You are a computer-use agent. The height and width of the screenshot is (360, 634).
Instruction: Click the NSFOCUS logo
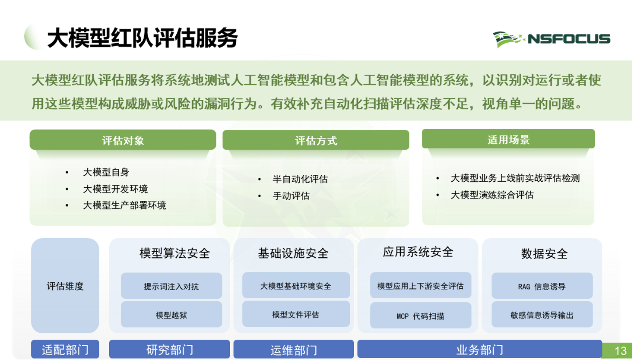[x=552, y=39]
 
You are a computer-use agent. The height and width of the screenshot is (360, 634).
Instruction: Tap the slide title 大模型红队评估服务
[x=143, y=38]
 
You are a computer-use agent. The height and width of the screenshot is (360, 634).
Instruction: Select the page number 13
[x=620, y=351]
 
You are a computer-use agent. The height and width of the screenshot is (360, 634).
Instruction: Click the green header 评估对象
[x=123, y=140]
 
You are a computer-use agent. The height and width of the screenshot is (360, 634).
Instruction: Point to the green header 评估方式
[x=316, y=140]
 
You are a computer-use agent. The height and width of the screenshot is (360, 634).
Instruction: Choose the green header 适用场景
[x=508, y=139]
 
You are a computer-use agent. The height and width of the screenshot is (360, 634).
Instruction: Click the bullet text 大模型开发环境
[x=115, y=189]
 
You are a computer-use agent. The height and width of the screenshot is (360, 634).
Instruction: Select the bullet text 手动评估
[x=291, y=196]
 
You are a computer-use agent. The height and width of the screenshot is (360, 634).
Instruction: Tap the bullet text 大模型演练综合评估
[x=492, y=195]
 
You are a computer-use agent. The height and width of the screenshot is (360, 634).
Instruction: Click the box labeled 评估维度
[x=65, y=286]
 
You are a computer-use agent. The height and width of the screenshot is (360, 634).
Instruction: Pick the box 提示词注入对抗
[x=171, y=286]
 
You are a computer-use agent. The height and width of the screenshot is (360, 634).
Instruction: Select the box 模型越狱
[x=171, y=315]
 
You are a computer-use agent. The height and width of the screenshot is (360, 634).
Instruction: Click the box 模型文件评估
[x=296, y=315]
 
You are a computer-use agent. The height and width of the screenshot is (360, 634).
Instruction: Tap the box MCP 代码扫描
[x=420, y=316]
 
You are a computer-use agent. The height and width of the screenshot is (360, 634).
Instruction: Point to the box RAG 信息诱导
[x=542, y=286]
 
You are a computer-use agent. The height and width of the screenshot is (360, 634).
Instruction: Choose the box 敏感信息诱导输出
[x=542, y=315]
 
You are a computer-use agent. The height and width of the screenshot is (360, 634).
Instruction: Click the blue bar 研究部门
[x=169, y=350]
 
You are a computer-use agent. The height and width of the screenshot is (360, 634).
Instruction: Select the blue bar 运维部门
[x=294, y=350]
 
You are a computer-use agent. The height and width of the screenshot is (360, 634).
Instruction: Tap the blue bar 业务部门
[x=479, y=350]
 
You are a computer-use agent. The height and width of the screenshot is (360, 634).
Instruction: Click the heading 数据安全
[x=544, y=254]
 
